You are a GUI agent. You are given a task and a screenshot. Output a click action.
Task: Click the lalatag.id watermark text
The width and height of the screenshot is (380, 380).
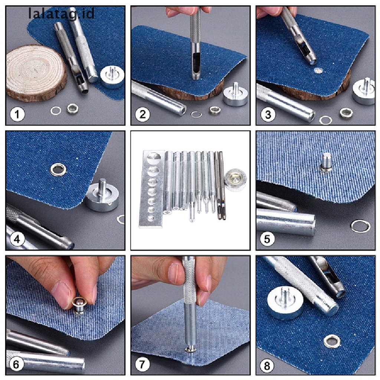pyautogui.click(x=62, y=14)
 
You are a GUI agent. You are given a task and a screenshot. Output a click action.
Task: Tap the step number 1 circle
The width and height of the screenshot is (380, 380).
pyautogui.click(x=17, y=114)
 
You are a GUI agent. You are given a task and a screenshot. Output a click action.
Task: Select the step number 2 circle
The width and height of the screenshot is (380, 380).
pyautogui.click(x=142, y=114)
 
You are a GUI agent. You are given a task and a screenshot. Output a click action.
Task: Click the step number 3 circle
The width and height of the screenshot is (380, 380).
pyautogui.click(x=268, y=114)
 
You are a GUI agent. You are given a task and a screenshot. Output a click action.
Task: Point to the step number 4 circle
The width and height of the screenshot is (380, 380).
pyautogui.click(x=17, y=239)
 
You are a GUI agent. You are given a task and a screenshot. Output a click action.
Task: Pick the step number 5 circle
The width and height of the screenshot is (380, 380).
pyautogui.click(x=268, y=239)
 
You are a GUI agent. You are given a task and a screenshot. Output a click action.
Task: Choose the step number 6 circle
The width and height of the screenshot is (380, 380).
pyautogui.click(x=17, y=364)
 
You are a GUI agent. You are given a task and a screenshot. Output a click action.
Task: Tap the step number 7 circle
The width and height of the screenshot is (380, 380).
pyautogui.click(x=142, y=364)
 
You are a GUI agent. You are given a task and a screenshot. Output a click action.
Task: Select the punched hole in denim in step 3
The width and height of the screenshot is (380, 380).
pyautogui.click(x=318, y=70)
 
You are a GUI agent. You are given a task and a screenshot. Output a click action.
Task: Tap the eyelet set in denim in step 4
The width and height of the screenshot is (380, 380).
pyautogui.click(x=59, y=170)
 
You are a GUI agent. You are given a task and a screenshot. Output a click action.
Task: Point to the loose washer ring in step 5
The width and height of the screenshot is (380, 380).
pyautogui.click(x=360, y=226)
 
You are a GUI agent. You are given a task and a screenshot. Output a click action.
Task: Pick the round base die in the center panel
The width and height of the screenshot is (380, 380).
pyautogui.click(x=234, y=178)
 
